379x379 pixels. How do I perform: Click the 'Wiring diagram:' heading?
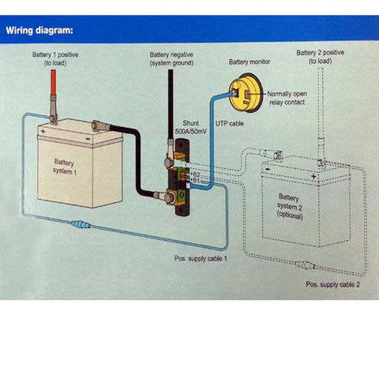pyautogui.click(x=40, y=31)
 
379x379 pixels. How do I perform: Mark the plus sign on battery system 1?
pyautogui.click(x=43, y=131)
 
